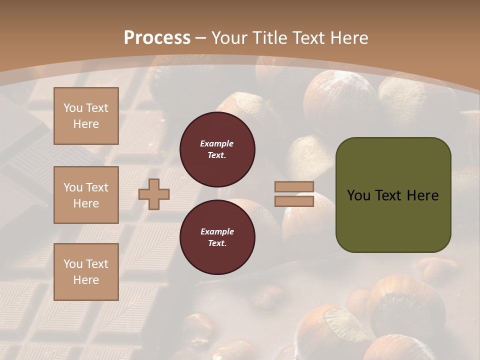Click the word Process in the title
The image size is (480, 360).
[157, 38]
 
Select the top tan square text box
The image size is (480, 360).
[86, 116]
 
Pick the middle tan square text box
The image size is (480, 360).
[86, 195]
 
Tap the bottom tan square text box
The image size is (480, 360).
[86, 271]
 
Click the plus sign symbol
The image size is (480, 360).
[154, 194]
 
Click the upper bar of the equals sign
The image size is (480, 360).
[294, 187]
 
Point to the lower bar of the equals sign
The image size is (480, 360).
[294, 201]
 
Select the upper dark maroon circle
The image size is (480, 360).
[217, 149]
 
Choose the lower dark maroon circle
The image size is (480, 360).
[217, 237]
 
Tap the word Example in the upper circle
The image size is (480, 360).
[217, 143]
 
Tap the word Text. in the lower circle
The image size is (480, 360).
[217, 243]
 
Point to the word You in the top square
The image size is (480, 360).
[73, 108]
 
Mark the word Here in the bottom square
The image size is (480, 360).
[86, 280]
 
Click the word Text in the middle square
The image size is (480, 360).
[97, 187]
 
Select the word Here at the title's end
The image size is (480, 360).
[350, 38]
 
